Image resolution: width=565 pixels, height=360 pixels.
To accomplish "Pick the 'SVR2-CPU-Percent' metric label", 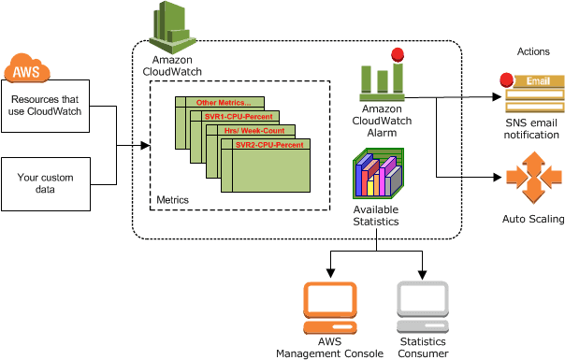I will click(269, 146).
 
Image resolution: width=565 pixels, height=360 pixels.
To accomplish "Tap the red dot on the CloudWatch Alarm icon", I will click(397, 54).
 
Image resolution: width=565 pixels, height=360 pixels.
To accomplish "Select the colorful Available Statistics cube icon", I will click(378, 175).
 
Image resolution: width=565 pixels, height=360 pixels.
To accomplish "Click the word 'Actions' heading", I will click(534, 50).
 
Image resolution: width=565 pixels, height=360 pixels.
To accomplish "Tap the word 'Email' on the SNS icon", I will click(538, 81).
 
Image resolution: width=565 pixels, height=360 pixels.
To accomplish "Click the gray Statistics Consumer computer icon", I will click(422, 309).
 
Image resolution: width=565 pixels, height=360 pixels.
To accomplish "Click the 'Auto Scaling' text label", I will click(532, 220).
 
